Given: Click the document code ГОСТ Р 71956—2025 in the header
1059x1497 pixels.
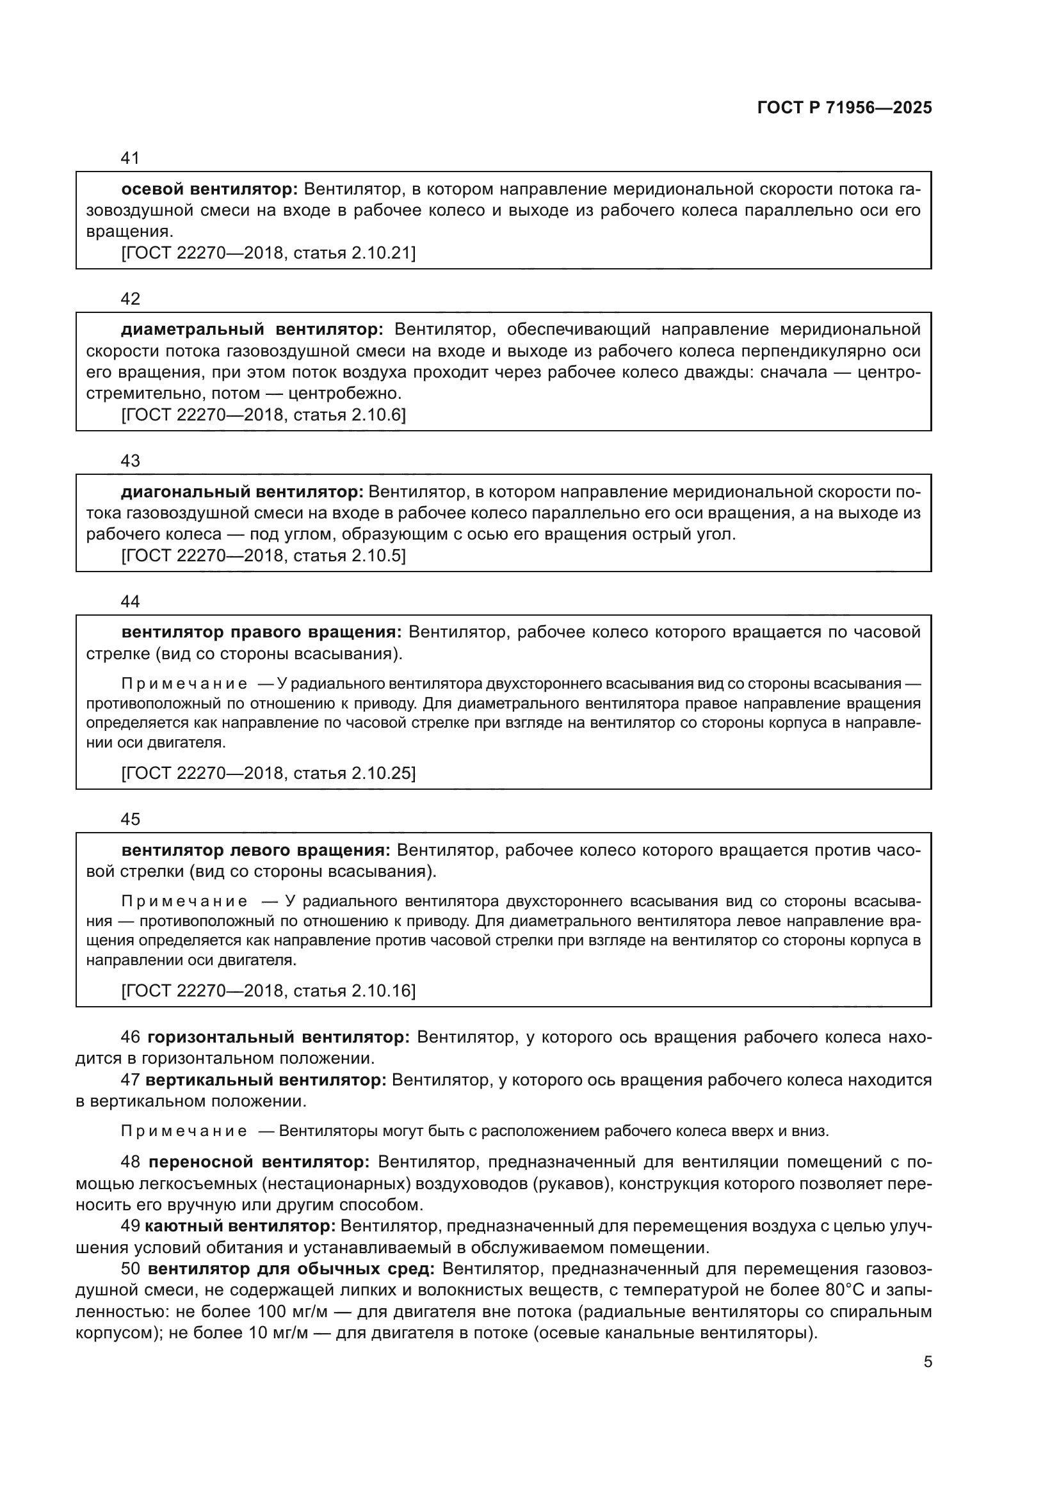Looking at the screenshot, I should (x=845, y=108).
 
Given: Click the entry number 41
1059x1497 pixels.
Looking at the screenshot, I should (x=131, y=158).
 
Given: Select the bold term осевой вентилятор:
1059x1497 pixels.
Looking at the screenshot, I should (x=209, y=189).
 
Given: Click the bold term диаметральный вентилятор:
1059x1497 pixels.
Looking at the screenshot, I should (x=252, y=329).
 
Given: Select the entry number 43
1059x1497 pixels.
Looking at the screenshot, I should (x=131, y=461).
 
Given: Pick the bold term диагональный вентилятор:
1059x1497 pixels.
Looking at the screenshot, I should (x=242, y=492).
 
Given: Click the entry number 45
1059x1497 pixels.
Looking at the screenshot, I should (x=131, y=819).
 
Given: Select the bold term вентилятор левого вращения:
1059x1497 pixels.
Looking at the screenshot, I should (x=255, y=850).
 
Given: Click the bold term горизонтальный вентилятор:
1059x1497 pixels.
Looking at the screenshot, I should (x=279, y=1037).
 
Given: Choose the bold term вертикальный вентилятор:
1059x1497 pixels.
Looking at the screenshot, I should (x=266, y=1080).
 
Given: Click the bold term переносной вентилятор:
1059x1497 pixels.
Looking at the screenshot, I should (x=259, y=1162).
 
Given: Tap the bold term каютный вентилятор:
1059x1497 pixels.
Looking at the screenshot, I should (x=240, y=1226).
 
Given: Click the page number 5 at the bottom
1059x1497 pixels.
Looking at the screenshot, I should (x=928, y=1362).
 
